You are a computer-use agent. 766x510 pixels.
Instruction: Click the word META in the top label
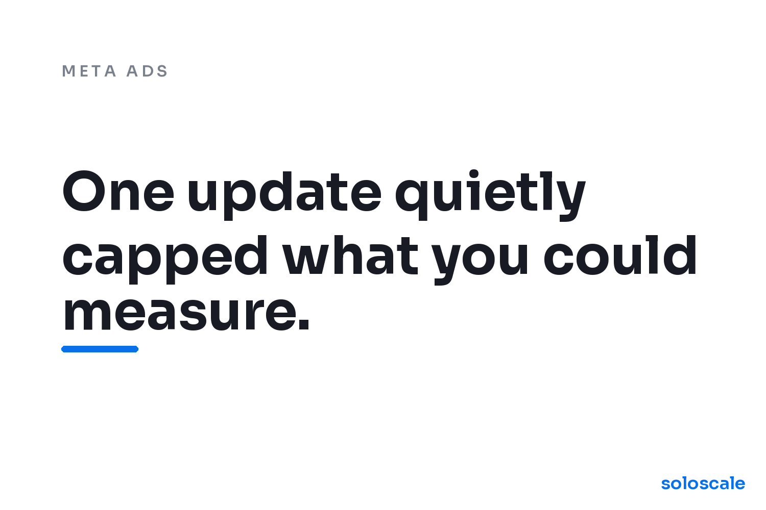click(x=89, y=71)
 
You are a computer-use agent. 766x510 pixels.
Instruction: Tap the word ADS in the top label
click(x=147, y=71)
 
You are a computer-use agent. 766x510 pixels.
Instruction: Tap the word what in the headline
click(x=350, y=255)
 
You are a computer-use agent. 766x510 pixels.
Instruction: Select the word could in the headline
click(x=620, y=255)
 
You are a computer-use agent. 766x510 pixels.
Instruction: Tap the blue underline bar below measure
click(x=100, y=349)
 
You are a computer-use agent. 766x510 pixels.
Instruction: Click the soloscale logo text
click(x=703, y=483)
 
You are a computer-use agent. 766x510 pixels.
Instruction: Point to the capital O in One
click(x=84, y=191)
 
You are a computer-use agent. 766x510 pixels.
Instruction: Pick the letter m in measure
click(x=87, y=314)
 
